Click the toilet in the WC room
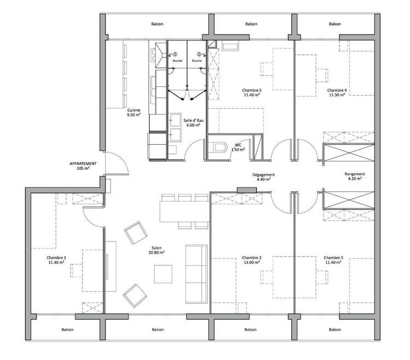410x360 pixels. (217, 147)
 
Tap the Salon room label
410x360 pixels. (156, 248)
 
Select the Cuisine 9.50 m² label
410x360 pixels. (134, 113)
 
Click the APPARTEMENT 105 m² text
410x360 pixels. (83, 166)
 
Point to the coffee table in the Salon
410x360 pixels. (163, 274)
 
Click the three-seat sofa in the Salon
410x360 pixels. (196, 274)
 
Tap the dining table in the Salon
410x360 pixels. (185, 211)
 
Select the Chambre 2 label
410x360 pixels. (251, 258)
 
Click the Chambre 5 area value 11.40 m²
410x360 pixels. (251, 95)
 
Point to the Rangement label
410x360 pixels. (355, 174)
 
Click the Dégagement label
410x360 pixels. (263, 175)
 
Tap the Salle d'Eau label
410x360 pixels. (193, 120)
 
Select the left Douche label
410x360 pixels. (177, 61)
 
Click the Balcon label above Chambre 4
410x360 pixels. (335, 24)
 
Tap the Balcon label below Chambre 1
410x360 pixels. (67, 330)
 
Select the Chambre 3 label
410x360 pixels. (333, 258)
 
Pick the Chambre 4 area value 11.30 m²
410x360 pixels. (337, 95)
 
